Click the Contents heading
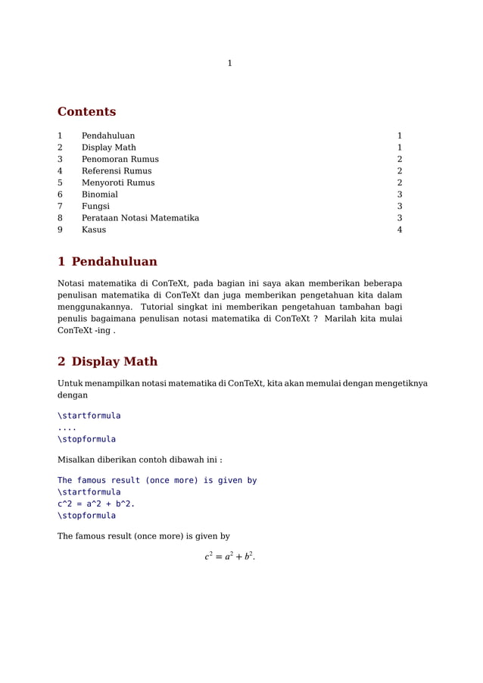(86, 112)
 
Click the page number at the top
(229, 64)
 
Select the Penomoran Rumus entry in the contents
(120, 160)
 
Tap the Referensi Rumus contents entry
(116, 171)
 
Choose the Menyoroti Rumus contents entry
(117, 183)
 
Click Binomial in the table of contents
(99, 195)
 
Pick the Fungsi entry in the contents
(95, 207)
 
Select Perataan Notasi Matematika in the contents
(140, 218)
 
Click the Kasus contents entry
(94, 230)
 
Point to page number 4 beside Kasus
(399, 230)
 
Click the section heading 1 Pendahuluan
(108, 262)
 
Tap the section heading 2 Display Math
(108, 362)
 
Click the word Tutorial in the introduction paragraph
(161, 307)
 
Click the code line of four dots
(67, 428)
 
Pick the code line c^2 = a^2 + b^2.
(96, 504)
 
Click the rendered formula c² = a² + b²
(229, 557)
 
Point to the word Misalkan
(78, 460)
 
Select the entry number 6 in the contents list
(60, 195)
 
